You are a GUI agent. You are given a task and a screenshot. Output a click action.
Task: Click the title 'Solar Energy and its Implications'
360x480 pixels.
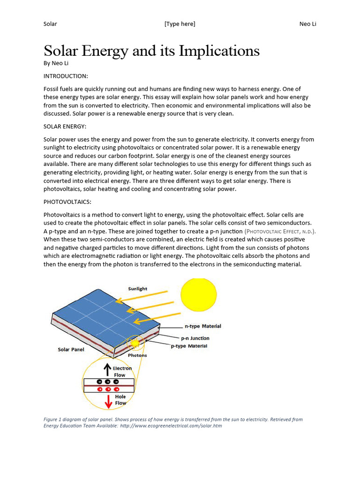(151, 51)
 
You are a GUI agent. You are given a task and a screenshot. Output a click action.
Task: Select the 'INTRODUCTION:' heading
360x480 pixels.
(66, 76)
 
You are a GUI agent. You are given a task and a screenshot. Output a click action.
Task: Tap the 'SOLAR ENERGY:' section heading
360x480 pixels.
(65, 127)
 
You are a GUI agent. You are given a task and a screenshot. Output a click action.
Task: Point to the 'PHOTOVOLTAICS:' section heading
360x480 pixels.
(67, 202)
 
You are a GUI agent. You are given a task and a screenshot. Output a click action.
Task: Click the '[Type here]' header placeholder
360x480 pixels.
(180, 24)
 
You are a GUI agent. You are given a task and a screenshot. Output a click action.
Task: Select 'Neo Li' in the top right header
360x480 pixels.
(307, 24)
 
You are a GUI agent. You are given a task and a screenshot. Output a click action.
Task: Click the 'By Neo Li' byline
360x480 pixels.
(59, 63)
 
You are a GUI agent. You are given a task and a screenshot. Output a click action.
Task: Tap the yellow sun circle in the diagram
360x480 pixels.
(199, 294)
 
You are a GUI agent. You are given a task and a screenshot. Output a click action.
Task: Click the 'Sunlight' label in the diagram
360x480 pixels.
(138, 289)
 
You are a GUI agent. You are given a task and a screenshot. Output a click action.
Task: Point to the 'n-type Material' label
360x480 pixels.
(203, 326)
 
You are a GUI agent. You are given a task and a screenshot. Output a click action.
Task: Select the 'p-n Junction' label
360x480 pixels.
(195, 338)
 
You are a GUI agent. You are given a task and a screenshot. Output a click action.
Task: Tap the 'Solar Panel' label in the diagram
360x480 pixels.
(71, 350)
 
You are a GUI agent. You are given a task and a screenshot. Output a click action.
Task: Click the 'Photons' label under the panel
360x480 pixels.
(137, 355)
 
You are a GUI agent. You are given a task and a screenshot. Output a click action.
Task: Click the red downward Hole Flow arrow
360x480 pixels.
(108, 401)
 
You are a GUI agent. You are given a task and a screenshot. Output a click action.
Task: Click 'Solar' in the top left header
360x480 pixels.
(50, 24)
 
